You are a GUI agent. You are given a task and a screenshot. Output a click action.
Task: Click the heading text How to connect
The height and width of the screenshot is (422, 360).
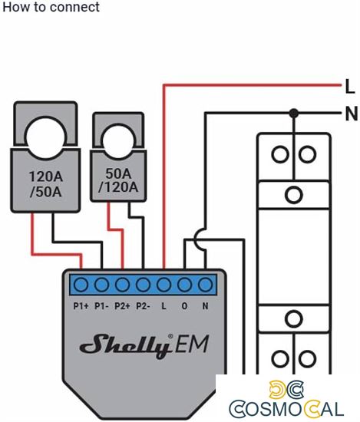point(50,7)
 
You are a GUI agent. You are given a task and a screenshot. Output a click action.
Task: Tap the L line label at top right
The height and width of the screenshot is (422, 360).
point(349,85)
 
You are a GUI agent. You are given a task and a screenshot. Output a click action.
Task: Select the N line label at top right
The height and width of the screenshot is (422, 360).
point(351,114)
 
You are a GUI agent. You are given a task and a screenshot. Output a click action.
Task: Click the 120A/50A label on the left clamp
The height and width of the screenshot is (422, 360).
point(46,185)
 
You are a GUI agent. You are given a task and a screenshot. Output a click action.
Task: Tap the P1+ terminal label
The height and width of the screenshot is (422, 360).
point(81,305)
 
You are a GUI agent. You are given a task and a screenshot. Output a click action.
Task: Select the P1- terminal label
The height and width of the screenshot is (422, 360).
point(101,305)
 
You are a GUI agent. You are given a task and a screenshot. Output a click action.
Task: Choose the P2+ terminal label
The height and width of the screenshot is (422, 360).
point(122,305)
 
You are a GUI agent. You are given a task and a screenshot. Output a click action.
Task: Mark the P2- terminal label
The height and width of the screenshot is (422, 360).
point(143,305)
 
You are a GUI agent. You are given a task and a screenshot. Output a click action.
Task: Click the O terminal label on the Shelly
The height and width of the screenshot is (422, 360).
point(184,305)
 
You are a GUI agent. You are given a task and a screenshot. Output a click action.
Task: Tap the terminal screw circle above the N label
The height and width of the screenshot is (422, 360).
point(205,285)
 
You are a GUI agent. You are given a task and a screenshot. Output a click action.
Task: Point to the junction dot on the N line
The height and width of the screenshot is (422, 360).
point(293,114)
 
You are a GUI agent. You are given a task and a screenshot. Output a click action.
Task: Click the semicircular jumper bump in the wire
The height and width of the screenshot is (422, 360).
point(197,240)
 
